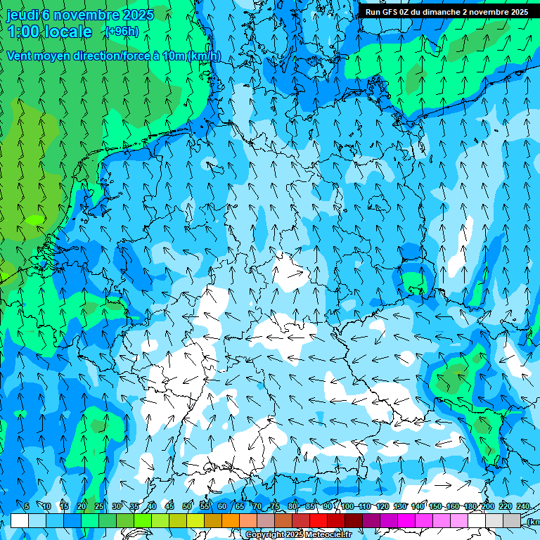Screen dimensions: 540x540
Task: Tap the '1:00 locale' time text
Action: pyautogui.click(x=49, y=32)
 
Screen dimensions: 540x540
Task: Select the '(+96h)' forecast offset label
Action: pyautogui.click(x=122, y=32)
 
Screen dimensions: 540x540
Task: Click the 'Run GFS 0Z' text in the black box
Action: pyautogui.click(x=387, y=12)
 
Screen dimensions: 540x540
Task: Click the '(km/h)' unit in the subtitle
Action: pyautogui.click(x=204, y=56)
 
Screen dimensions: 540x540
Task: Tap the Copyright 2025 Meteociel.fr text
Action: pyautogui.click(x=298, y=535)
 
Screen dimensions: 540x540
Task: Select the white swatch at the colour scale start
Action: pyautogui.click(x=20, y=521)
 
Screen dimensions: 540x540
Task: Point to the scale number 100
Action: pyautogui.click(x=347, y=507)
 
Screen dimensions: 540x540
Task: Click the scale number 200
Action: pyautogui.click(x=487, y=507)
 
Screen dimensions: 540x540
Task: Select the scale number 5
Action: pyautogui.click(x=27, y=507)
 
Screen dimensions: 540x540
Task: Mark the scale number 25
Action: pyautogui.click(x=99, y=507)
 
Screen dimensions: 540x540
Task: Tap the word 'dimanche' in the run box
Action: pyautogui.click(x=441, y=12)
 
